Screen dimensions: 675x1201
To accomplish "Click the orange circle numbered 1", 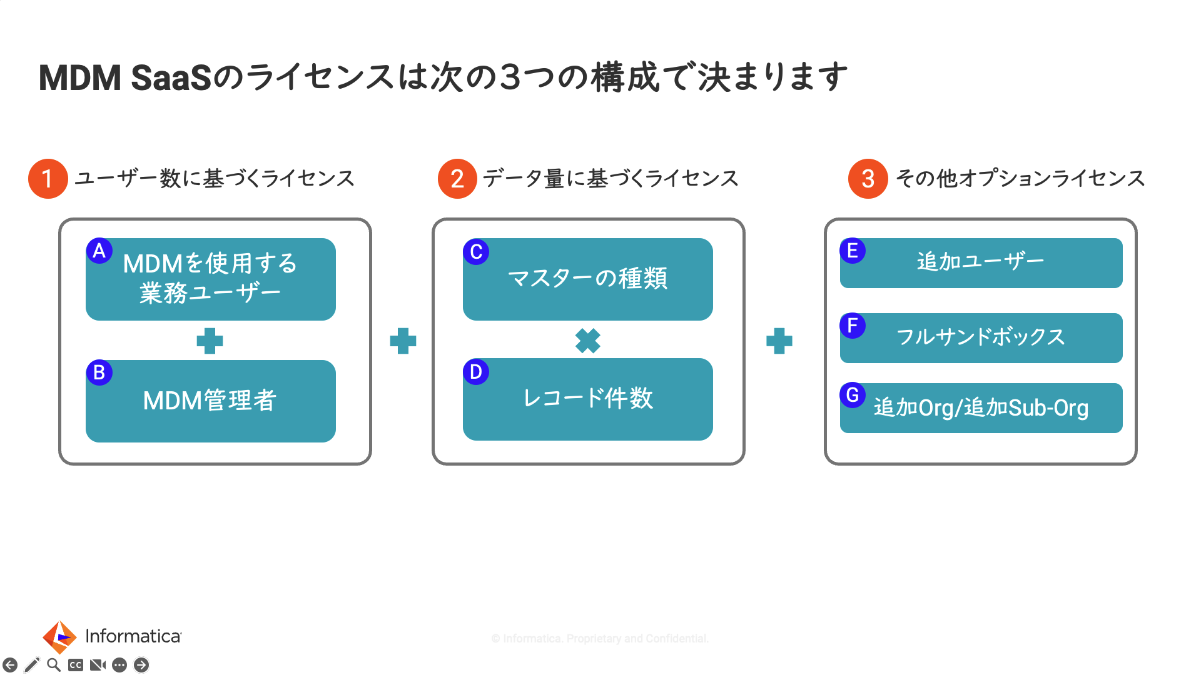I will pyautogui.click(x=48, y=179).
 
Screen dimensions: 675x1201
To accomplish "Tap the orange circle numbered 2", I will pyautogui.click(x=457, y=179).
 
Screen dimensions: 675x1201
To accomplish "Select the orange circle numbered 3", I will pyautogui.click(x=868, y=179).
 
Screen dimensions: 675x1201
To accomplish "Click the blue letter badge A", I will pyautogui.click(x=99, y=251).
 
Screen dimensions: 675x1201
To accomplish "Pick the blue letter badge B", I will pyautogui.click(x=99, y=372).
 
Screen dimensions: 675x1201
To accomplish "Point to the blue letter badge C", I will pyautogui.click(x=476, y=252).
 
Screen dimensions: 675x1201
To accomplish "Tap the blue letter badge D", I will pyautogui.click(x=476, y=372).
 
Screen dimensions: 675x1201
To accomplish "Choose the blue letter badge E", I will pyautogui.click(x=853, y=251).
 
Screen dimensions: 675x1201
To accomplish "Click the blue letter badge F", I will pyautogui.click(x=853, y=326).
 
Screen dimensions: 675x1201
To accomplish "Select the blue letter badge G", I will pyautogui.click(x=853, y=395).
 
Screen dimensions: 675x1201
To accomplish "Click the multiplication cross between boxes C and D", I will pyautogui.click(x=587, y=341).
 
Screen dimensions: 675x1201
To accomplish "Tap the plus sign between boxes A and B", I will pyautogui.click(x=210, y=341).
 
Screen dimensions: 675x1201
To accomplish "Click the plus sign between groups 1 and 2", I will pyautogui.click(x=403, y=341).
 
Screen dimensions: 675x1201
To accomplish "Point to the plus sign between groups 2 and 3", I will pyautogui.click(x=779, y=341).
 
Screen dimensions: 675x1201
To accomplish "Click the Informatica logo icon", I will pyautogui.click(x=59, y=637).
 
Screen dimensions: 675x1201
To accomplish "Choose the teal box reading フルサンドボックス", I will pyautogui.click(x=981, y=338).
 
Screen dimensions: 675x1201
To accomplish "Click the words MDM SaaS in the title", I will pyautogui.click(x=125, y=78).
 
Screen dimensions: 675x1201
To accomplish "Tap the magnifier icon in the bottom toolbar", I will pyautogui.click(x=54, y=665).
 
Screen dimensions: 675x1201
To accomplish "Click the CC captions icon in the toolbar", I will pyautogui.click(x=76, y=665).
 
